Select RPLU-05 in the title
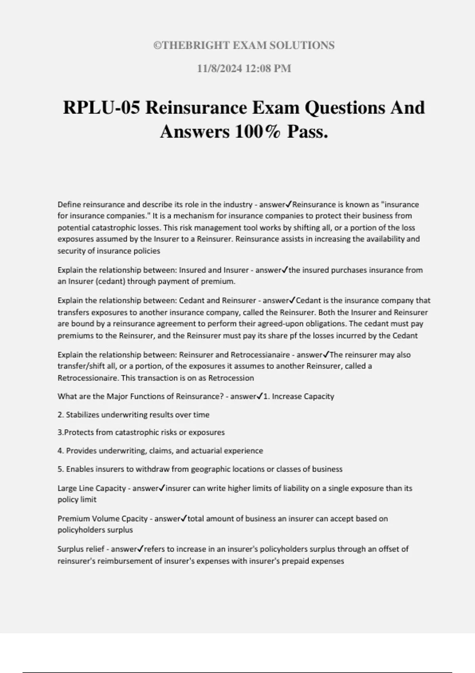(x=101, y=108)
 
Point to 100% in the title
(x=258, y=131)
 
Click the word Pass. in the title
(x=308, y=131)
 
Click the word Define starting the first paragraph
(x=69, y=205)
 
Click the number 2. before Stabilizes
(x=61, y=415)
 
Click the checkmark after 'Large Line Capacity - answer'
(x=162, y=488)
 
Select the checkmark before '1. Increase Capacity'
(x=260, y=396)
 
